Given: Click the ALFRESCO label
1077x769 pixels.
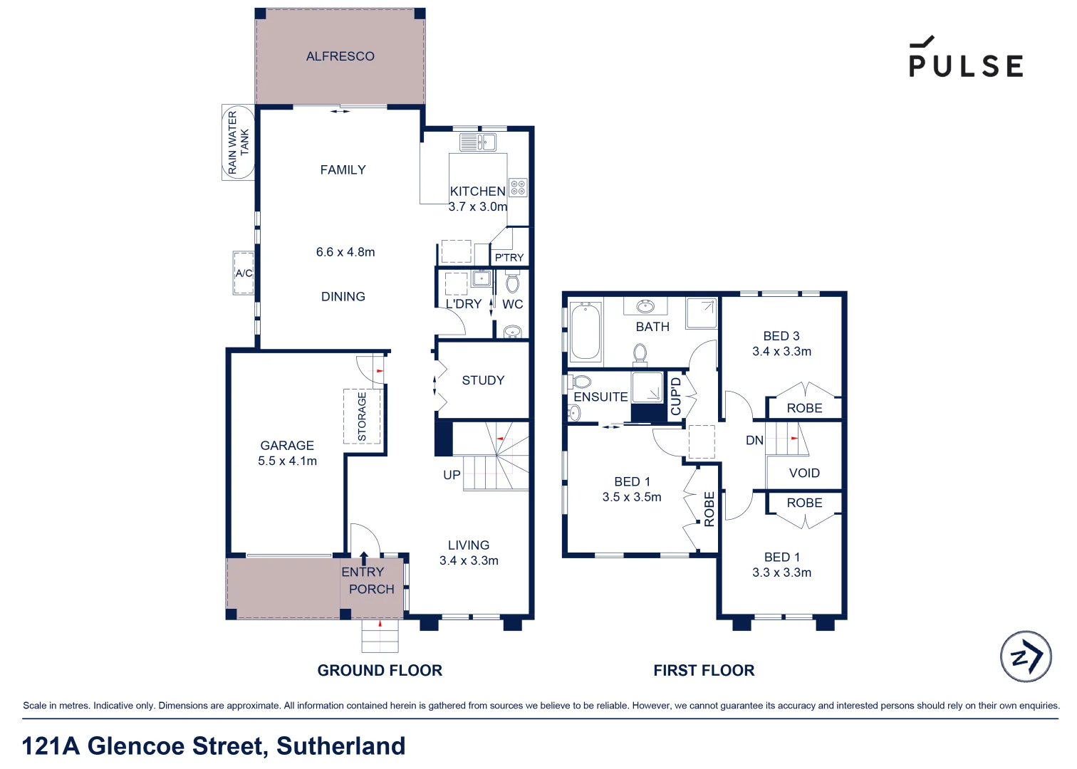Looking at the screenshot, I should coord(340,56).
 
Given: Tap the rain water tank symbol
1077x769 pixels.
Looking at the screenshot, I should coord(238,142).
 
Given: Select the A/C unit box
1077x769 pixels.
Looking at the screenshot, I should coord(244,273).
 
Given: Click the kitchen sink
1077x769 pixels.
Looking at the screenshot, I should coord(478,142).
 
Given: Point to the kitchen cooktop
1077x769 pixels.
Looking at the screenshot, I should coord(518,188).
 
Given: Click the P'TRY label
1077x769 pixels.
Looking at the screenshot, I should coord(509,258).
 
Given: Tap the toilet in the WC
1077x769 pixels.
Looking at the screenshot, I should coord(512,283).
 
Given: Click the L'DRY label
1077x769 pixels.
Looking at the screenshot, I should coord(464,304).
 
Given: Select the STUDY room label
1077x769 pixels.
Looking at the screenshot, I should coord(483,381).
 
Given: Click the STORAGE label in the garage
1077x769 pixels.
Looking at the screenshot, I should coord(362,417).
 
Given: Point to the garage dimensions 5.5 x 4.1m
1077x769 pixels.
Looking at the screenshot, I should coord(287,461).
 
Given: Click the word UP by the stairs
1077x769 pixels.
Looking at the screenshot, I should coord(452,475).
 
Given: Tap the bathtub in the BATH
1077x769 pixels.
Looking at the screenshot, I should coord(586,331).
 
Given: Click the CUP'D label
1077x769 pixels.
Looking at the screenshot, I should coord(676,397).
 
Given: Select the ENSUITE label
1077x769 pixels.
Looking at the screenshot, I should coord(600,397).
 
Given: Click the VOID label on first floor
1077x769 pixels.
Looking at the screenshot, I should coord(804,474).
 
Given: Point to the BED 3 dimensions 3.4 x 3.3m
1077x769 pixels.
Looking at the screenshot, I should coord(781,352).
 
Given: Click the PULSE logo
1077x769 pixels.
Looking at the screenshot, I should coord(966,58).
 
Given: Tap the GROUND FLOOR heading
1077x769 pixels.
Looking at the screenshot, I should coord(380,671).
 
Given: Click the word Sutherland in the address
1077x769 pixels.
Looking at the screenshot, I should coord(340,746).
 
